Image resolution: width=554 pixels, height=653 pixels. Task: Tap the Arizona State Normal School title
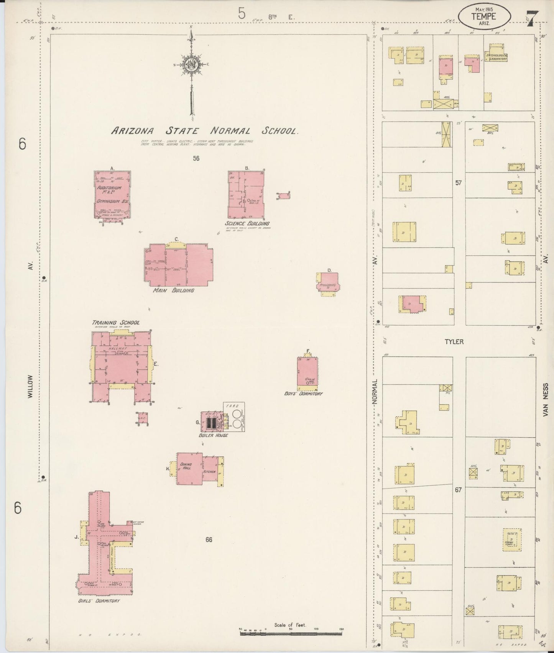click(204, 131)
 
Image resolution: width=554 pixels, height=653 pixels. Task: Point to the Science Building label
click(247, 223)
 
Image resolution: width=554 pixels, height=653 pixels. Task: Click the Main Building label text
click(173, 290)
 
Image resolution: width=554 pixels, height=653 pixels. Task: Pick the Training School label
click(115, 323)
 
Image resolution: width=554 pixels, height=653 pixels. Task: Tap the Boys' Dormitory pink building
click(307, 372)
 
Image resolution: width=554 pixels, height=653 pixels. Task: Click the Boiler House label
click(213, 435)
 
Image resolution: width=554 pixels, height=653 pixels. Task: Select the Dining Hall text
click(186, 466)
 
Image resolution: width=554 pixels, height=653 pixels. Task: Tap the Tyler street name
click(454, 341)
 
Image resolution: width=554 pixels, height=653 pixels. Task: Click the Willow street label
click(30, 387)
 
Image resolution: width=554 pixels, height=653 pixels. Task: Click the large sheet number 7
click(533, 18)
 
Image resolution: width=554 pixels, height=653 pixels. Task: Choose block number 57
click(459, 183)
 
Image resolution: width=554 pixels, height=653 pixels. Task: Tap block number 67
click(459, 490)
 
